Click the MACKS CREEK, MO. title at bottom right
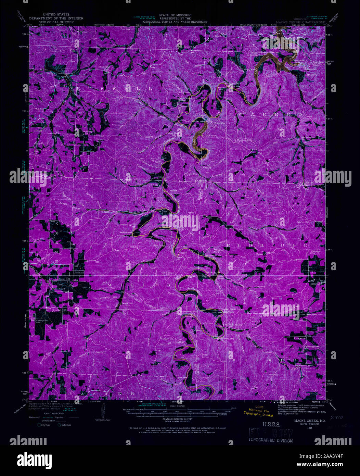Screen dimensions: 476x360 tap(301, 420)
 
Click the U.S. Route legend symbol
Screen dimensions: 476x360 tap(40, 425)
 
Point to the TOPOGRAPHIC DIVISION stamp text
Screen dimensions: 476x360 tap(270, 440)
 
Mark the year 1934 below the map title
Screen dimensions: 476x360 tap(310, 428)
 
